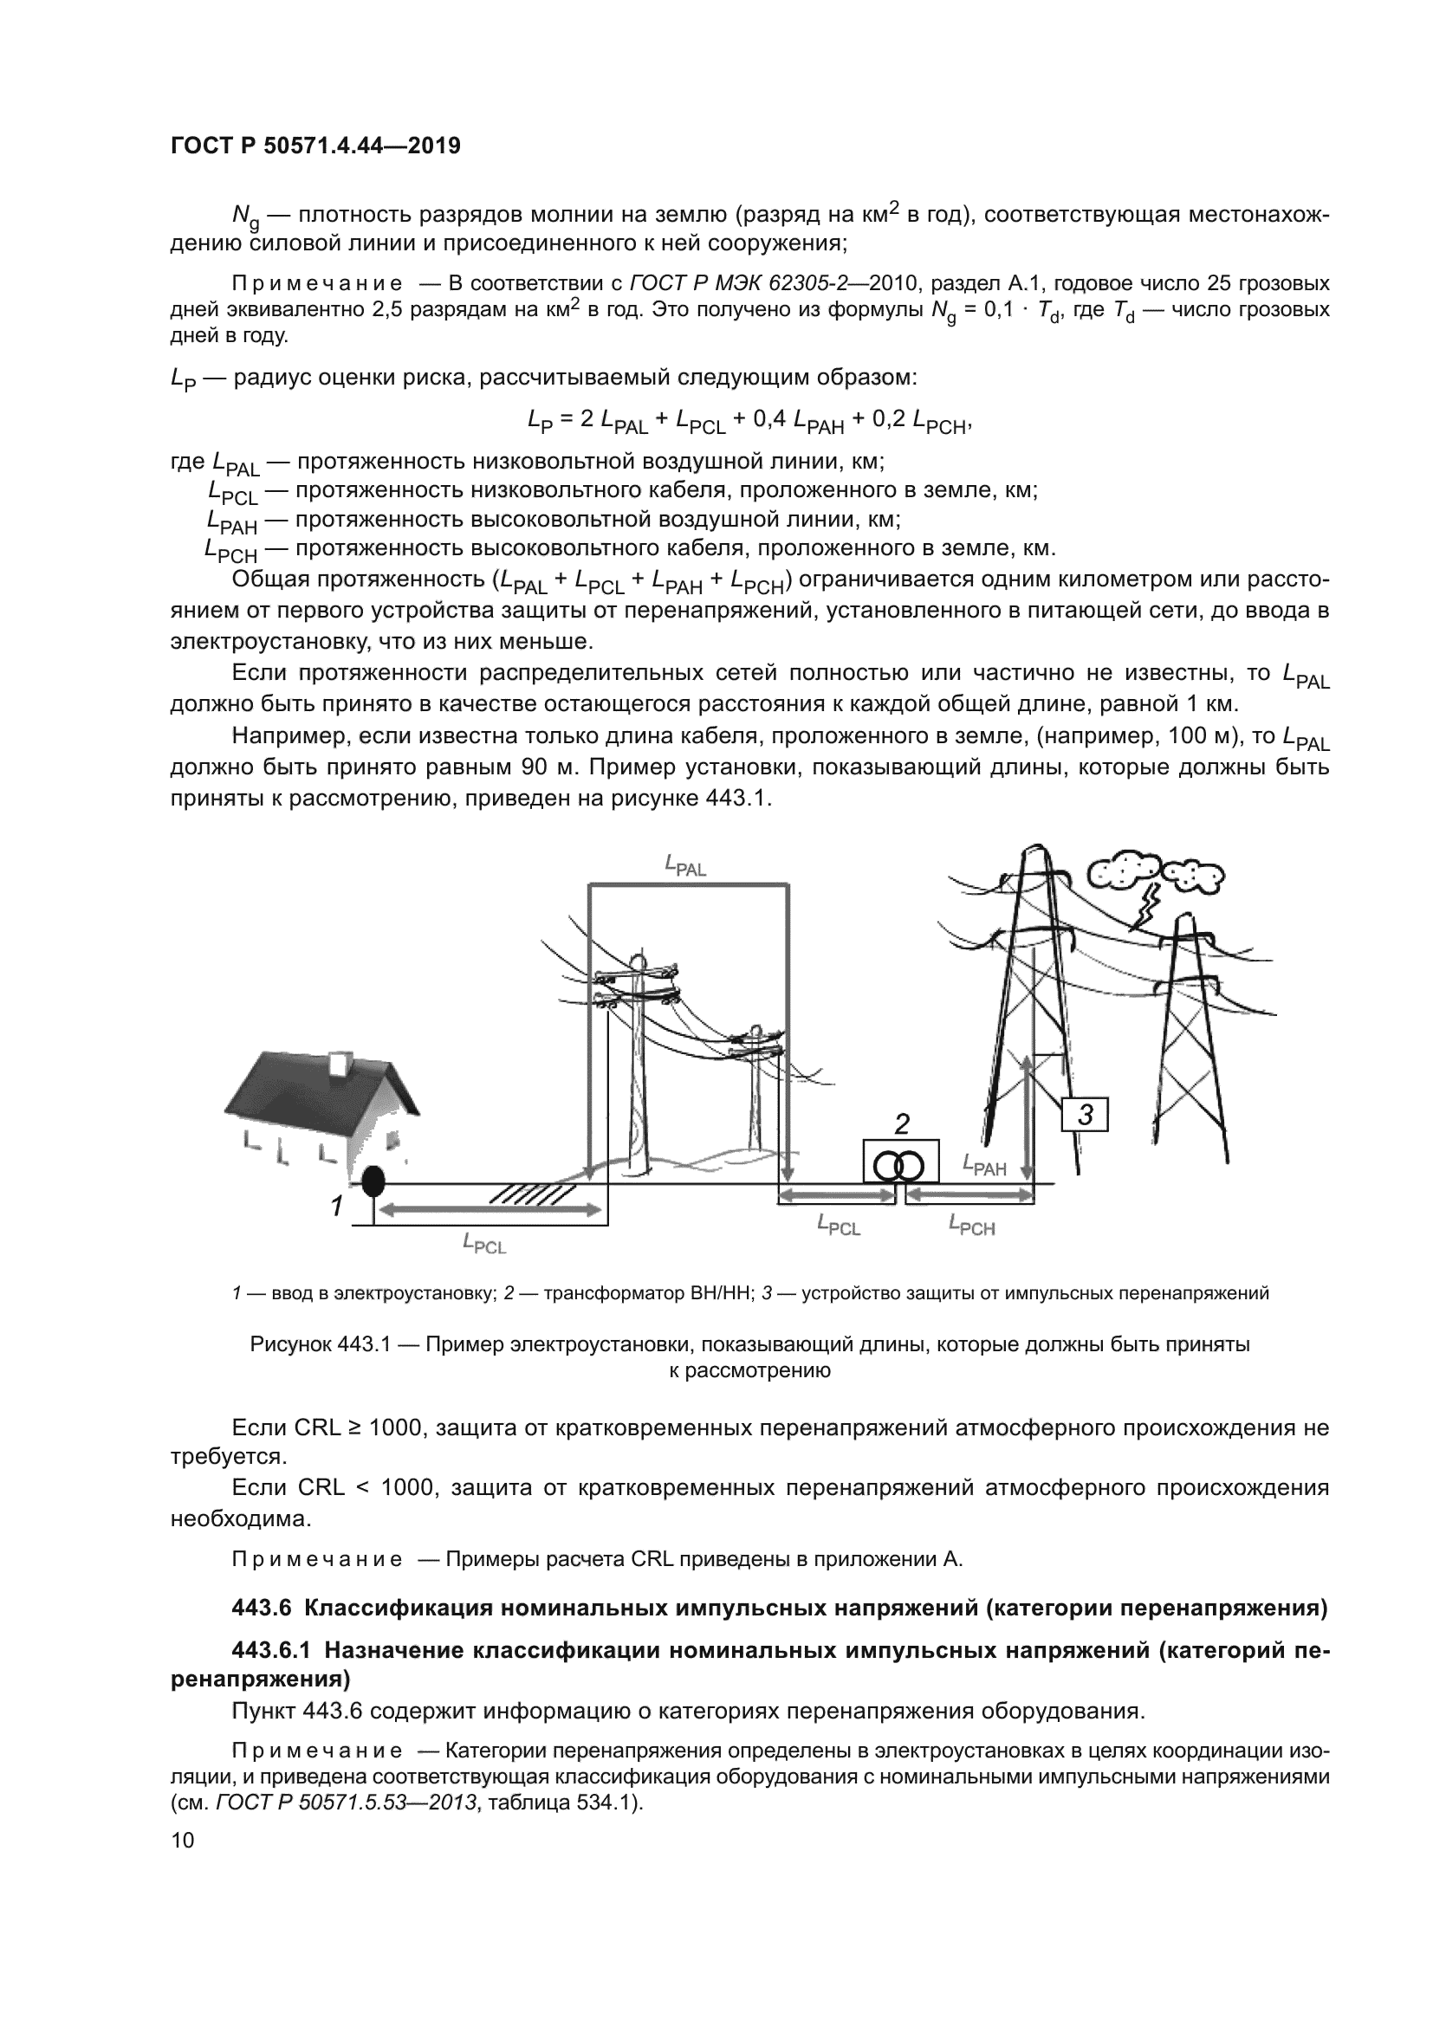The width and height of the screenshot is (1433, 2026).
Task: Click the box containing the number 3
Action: pyautogui.click(x=1085, y=1116)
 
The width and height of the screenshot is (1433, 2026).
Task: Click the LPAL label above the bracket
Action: pyautogui.click(x=684, y=866)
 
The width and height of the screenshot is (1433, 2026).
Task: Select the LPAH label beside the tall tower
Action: pyautogui.click(x=984, y=1166)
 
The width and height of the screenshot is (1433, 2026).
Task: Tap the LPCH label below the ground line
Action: pyautogui.click(x=971, y=1225)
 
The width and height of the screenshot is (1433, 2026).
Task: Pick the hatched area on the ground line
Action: pyautogui.click(x=527, y=1194)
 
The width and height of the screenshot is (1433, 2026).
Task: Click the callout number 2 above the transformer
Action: pyautogui.click(x=902, y=1124)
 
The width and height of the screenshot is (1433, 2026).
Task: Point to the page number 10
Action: pyautogui.click(x=182, y=1840)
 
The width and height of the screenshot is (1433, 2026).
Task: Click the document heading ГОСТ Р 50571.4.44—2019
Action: pyautogui.click(x=315, y=146)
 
